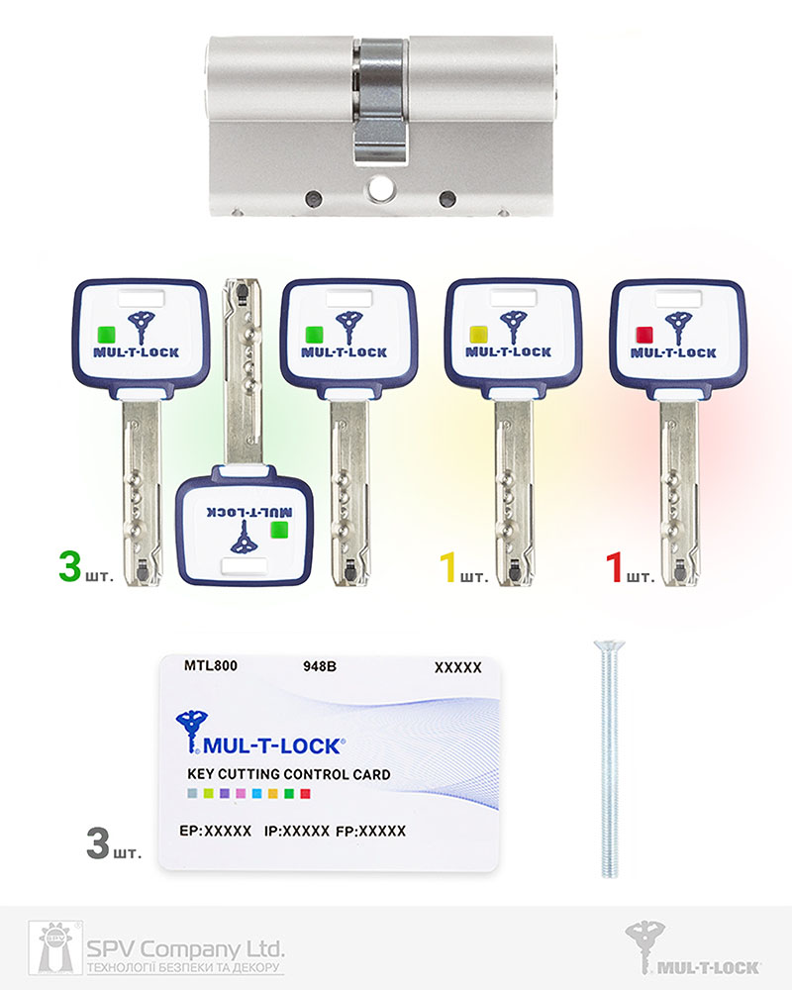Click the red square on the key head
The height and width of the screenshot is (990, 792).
pyautogui.click(x=644, y=334)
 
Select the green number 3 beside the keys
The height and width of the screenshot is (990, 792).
pyautogui.click(x=70, y=565)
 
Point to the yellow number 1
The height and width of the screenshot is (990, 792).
pyautogui.click(x=447, y=566)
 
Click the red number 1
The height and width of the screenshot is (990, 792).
pyautogui.click(x=614, y=566)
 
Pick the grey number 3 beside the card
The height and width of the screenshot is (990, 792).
pyautogui.click(x=98, y=843)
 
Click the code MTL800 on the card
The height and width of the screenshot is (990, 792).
pyautogui.click(x=211, y=665)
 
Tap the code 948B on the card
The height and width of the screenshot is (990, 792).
pyautogui.click(x=320, y=666)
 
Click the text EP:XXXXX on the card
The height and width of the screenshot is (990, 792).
pyautogui.click(x=216, y=831)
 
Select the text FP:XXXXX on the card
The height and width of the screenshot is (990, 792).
pyautogui.click(x=370, y=831)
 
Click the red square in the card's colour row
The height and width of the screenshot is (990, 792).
pyautogui.click(x=306, y=794)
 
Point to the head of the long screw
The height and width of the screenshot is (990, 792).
pyautogui.click(x=610, y=645)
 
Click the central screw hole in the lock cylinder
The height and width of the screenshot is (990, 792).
pyautogui.click(x=380, y=186)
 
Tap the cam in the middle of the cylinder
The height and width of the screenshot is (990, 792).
pyautogui.click(x=379, y=101)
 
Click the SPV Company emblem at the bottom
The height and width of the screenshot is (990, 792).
pyautogui.click(x=55, y=947)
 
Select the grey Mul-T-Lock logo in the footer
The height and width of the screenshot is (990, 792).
pyautogui.click(x=693, y=948)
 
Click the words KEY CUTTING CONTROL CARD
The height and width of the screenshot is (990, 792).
pyautogui.click(x=289, y=774)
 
